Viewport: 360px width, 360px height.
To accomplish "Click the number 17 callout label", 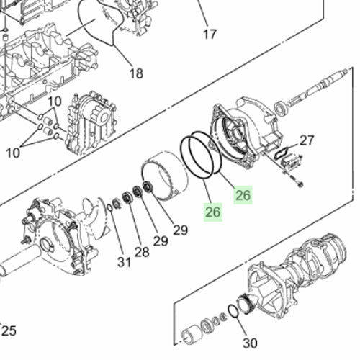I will coord(210,34).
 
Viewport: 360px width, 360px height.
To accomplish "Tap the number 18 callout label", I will coord(136,73).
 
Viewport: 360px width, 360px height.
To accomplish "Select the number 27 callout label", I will coord(307,140).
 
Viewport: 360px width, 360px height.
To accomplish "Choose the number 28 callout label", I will coord(141,251).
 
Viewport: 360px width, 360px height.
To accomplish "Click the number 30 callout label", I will coord(250,343).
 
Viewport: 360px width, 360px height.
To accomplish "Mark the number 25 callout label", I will coord(9,330).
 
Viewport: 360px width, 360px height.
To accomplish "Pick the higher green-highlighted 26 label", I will coord(243,194).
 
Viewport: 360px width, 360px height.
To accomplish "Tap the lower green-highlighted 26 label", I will coord(212,212).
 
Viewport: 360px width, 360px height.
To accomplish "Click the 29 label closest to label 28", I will coord(160,241).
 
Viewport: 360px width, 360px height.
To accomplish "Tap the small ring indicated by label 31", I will coord(109,209).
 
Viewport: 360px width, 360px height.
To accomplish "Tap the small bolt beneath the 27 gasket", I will coord(297,186).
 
